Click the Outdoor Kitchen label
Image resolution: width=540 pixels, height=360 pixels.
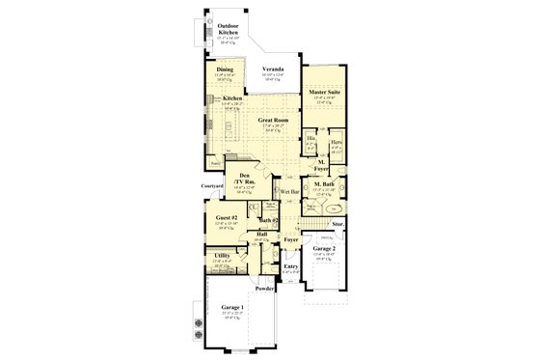228,29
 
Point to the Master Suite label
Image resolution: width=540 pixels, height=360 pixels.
323,93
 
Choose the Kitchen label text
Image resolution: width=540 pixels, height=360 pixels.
231,97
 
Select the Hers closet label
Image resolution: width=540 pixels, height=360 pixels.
336,142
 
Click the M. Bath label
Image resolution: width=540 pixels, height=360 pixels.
324,183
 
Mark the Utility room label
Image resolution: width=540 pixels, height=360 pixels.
222,255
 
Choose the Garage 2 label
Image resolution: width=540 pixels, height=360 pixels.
323,248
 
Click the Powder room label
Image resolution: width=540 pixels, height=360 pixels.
266,289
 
